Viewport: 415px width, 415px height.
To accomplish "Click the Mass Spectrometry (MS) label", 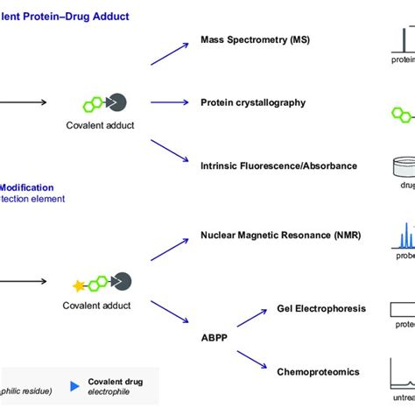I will tap(254, 40).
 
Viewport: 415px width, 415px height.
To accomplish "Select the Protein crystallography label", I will tap(253, 102).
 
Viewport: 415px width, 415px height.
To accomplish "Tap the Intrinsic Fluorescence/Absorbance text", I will tap(278, 165).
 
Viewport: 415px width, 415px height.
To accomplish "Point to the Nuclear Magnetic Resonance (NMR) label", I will tap(280, 235).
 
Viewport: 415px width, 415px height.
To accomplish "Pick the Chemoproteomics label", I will tap(318, 372).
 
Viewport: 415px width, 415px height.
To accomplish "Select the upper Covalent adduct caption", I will tap(100, 125).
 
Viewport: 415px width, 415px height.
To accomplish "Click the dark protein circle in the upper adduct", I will tap(117, 102).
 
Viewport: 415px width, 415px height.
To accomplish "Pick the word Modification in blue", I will tap(26, 187).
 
